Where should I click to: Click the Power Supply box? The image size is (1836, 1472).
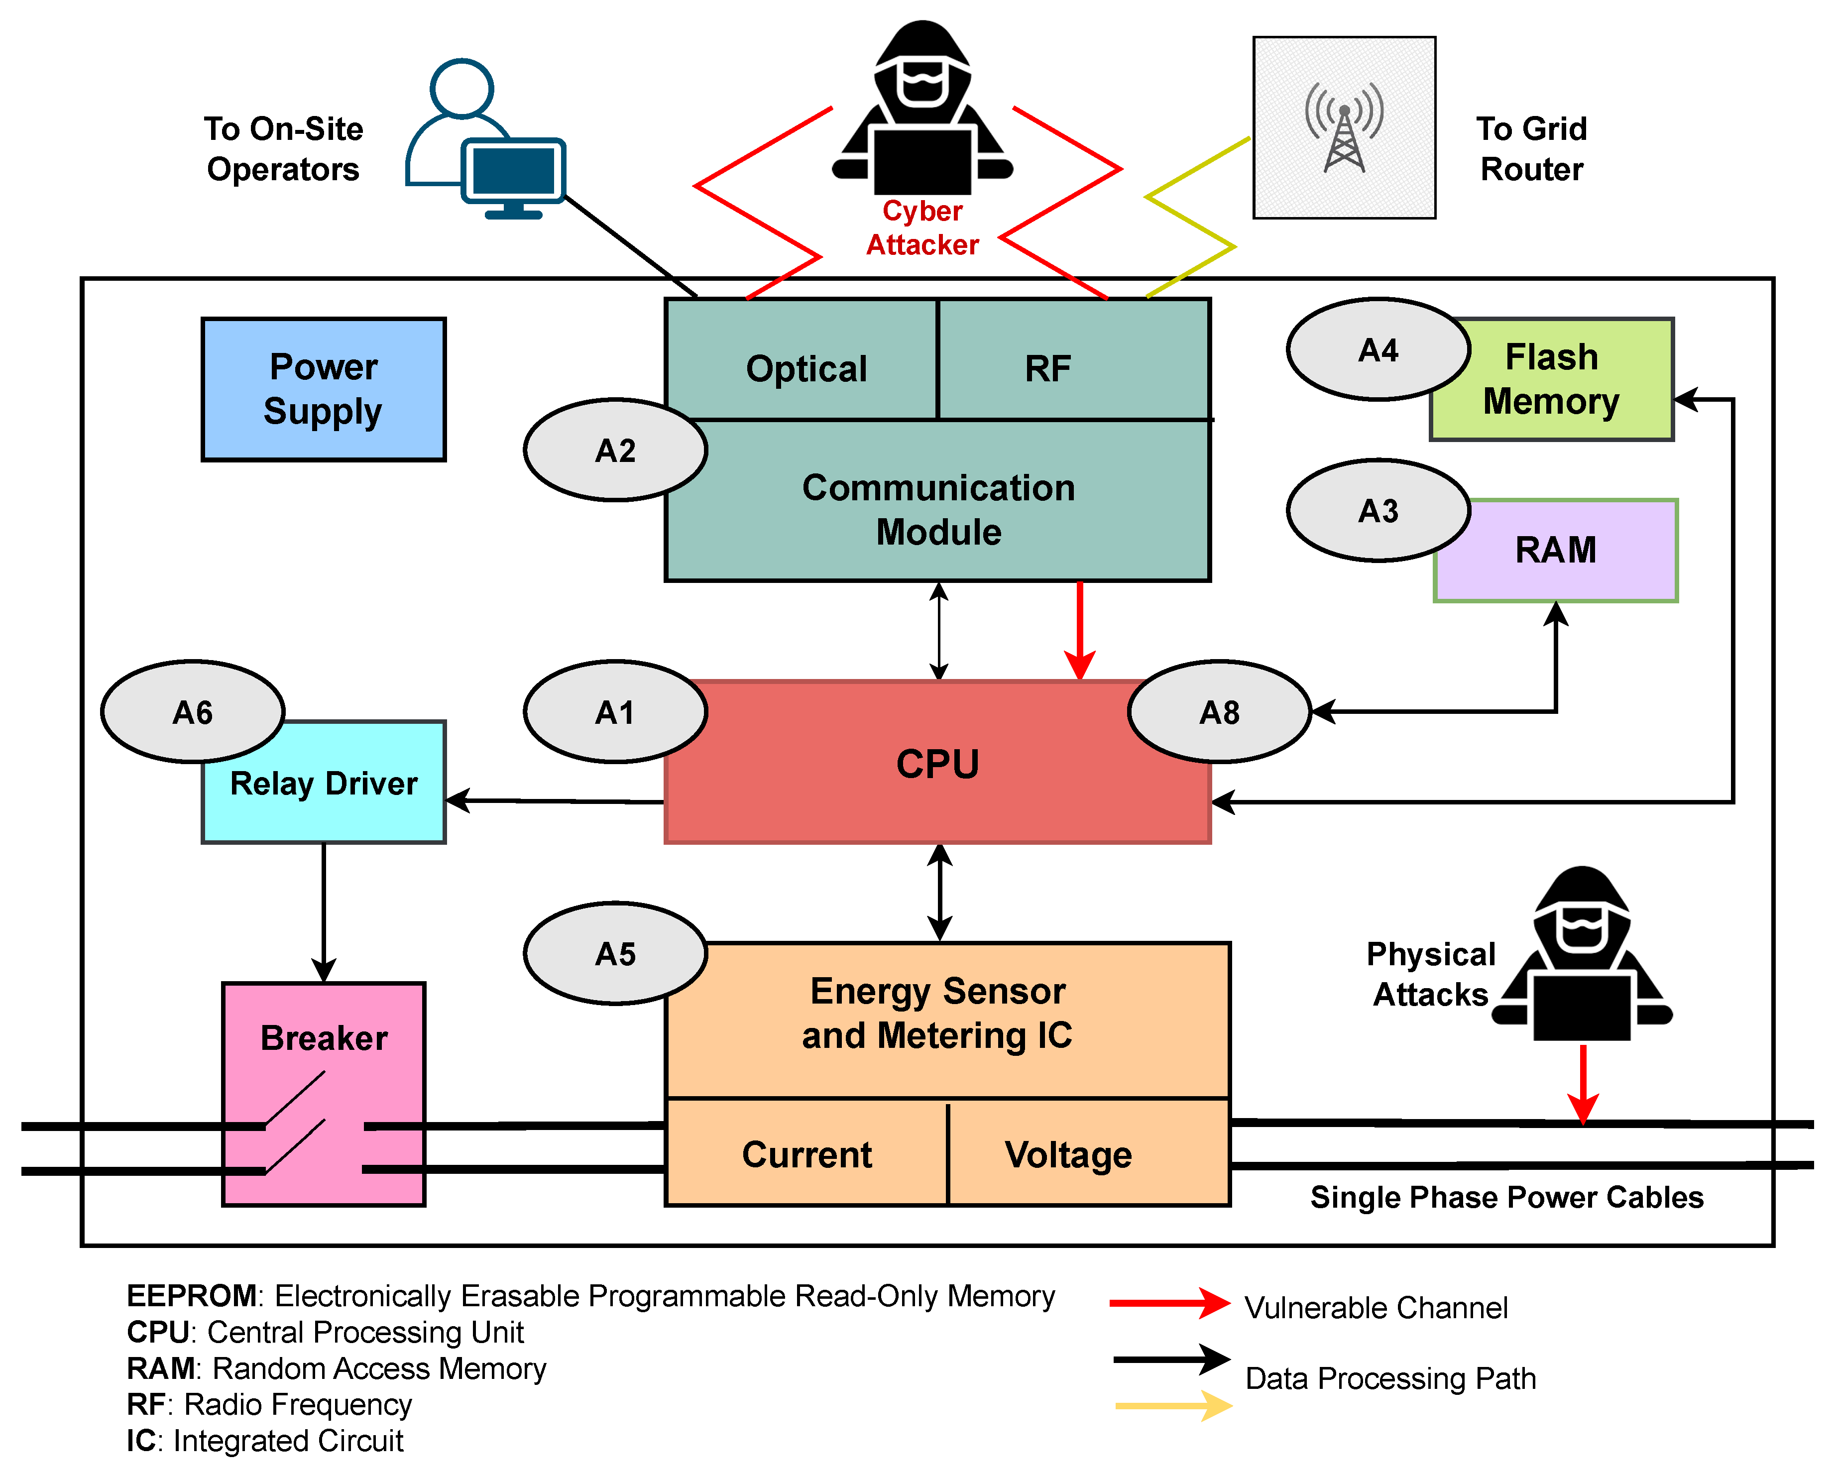324,389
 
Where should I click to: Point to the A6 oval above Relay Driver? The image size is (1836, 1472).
193,712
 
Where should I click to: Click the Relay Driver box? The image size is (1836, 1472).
324,783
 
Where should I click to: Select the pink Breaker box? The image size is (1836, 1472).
324,1094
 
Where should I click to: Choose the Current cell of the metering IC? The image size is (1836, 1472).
806,1154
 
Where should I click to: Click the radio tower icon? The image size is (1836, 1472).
1344,128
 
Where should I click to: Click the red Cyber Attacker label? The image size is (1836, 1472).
922,227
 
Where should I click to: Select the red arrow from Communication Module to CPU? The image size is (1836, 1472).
1080,630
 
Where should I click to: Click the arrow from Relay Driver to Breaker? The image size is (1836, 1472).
324,911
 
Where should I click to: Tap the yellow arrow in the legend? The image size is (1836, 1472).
1172,1406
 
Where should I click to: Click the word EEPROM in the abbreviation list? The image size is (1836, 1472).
192,1296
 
